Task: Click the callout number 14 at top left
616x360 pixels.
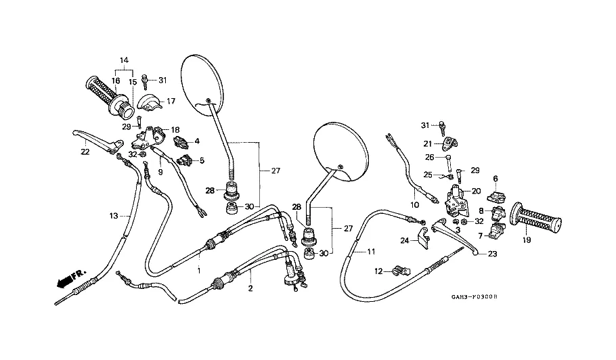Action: point(124,61)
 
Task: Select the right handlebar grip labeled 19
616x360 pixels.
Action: point(539,218)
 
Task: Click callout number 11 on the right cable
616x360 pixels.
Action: point(370,252)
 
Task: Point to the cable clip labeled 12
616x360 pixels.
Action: point(397,271)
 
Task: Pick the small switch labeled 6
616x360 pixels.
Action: point(495,197)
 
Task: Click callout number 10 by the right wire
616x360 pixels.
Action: point(415,204)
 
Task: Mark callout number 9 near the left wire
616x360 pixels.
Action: point(160,172)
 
